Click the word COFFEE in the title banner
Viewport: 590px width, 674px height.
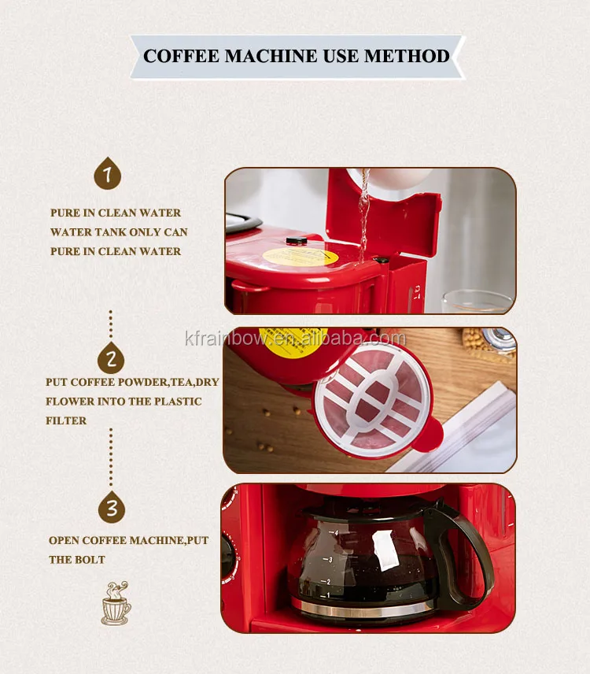181,57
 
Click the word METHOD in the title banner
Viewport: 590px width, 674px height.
407,57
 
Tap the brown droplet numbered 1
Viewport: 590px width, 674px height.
107,173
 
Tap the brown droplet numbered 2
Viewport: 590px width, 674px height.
111,358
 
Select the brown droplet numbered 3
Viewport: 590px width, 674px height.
111,508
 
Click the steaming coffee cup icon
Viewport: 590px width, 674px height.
116,603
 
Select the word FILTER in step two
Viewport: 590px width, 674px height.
66,420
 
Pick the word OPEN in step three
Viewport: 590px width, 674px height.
64,540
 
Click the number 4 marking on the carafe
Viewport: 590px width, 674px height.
336,533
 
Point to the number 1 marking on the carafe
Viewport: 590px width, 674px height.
328,595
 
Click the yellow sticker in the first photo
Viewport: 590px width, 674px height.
301,257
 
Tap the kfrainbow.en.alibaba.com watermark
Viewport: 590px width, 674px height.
296,339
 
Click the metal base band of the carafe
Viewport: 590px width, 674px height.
363,608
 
